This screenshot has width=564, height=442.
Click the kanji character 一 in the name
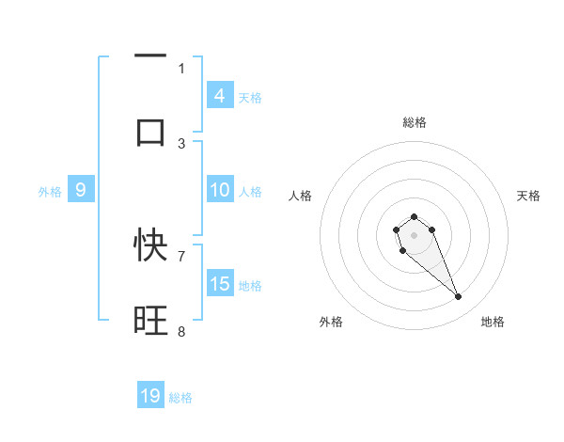tap(150, 56)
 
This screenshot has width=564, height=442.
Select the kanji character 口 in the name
tap(150, 132)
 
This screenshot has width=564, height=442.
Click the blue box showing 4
tap(219, 95)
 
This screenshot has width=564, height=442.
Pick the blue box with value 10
tap(219, 190)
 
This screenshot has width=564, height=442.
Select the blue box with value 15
tap(219, 283)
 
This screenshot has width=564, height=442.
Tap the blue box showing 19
tap(150, 396)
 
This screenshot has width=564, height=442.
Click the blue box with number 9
tap(81, 190)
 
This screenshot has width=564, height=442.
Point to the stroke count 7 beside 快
tap(181, 255)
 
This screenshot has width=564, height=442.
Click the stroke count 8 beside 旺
tap(181, 331)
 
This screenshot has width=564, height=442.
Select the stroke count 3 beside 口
tap(181, 144)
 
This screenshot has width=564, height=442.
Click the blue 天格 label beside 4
tap(250, 97)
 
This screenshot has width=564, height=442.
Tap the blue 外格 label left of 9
tap(50, 192)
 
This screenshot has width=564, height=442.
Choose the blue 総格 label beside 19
tap(180, 398)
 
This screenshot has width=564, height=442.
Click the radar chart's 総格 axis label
tap(414, 122)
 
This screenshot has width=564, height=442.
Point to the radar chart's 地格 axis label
tap(493, 322)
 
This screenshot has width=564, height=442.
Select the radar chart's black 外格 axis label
tap(331, 322)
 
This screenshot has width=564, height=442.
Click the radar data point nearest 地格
tap(459, 297)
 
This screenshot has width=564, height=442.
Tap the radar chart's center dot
tap(414, 233)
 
